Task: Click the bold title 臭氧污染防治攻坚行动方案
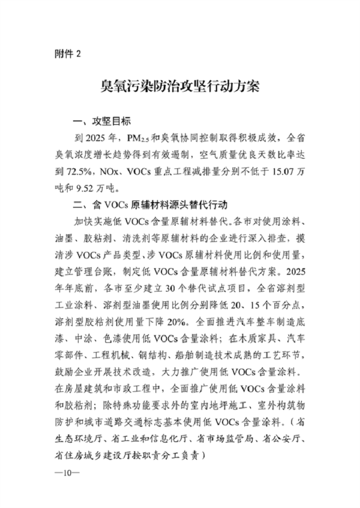coord(179,87)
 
